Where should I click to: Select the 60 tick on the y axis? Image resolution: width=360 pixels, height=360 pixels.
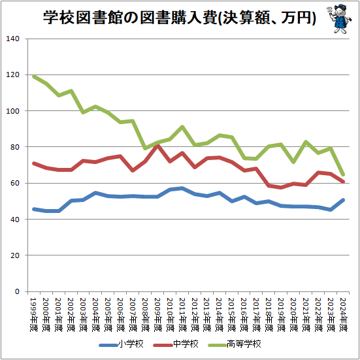[x=20, y=184]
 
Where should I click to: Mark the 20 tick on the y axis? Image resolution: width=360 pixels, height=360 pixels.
[x=20, y=255]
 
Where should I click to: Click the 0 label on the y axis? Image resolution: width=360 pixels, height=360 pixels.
[x=22, y=291]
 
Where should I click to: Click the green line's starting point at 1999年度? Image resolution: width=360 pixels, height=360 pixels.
[x=33, y=76]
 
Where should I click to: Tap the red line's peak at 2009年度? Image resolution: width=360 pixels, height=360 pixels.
[x=157, y=145]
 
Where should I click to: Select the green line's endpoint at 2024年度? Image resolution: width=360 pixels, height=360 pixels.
[x=344, y=174]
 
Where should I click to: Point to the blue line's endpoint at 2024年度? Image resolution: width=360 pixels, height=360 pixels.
[x=344, y=200]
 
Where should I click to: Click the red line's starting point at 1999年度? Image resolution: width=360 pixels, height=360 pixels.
[x=33, y=163]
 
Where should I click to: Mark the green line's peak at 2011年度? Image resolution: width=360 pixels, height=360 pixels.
[x=182, y=127]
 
